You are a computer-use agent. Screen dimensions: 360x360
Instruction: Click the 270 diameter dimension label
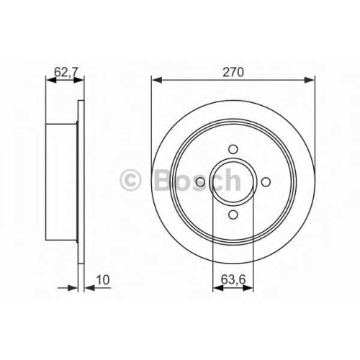pyautogui.click(x=233, y=72)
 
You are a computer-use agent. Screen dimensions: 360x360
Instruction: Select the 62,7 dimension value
pyautogui.click(x=66, y=72)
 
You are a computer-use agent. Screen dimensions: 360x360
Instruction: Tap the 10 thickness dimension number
pyautogui.click(x=103, y=280)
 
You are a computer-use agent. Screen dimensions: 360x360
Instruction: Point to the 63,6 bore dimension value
pyautogui.click(x=233, y=279)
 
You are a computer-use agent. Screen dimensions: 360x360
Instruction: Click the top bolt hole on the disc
pyautogui.click(x=233, y=149)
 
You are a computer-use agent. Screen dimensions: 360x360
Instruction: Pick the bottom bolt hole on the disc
pyautogui.click(x=233, y=215)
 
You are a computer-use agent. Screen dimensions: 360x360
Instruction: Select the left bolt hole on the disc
pyautogui.click(x=200, y=182)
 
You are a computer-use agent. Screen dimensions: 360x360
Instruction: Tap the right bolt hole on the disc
pyautogui.click(x=266, y=182)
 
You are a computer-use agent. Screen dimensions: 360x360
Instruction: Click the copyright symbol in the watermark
pyautogui.click(x=130, y=180)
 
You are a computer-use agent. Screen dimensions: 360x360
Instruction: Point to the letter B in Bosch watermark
pyautogui.click(x=164, y=180)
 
